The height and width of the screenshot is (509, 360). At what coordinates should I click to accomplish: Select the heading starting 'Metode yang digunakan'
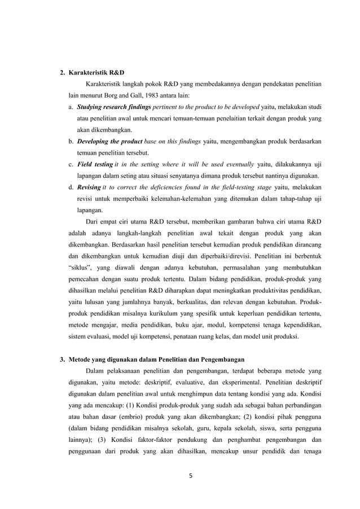[x=156, y=359]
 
